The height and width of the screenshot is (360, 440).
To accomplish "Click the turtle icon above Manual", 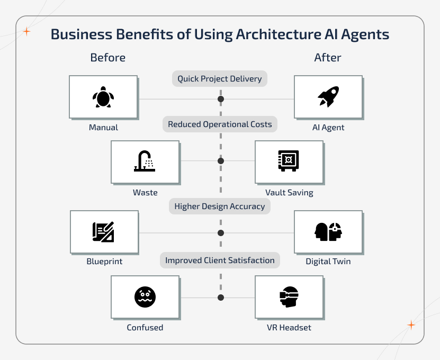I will tap(103, 97).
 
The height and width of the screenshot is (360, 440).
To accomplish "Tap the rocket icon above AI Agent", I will tap(328, 97).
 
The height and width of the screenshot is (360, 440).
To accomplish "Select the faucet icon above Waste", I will tap(144, 161).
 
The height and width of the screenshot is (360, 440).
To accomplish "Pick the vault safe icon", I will tap(289, 161).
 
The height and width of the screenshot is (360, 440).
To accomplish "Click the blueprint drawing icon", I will tap(103, 232).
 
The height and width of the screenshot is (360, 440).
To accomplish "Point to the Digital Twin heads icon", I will tap(328, 232).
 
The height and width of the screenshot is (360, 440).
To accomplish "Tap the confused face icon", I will tap(145, 297).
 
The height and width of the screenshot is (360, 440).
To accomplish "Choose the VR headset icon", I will tap(289, 297).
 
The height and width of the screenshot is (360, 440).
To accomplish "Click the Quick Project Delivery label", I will tap(220, 79).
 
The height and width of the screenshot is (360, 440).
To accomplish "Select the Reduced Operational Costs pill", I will tap(220, 124).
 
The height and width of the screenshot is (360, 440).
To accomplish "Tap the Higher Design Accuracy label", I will tap(220, 206).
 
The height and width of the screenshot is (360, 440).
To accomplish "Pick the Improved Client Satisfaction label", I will tap(220, 260).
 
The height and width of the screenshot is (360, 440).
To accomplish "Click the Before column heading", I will tap(108, 58).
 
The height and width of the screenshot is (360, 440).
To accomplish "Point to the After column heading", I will tap(328, 58).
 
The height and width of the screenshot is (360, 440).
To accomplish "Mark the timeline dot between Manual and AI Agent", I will tap(221, 99).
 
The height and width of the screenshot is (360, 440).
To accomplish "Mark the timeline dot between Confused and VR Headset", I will tap(221, 298).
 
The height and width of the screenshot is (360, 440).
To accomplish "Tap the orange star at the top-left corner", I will tap(26, 32).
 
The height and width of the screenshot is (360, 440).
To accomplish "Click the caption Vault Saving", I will tap(289, 193).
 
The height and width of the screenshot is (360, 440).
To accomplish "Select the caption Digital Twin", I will tap(328, 262).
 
